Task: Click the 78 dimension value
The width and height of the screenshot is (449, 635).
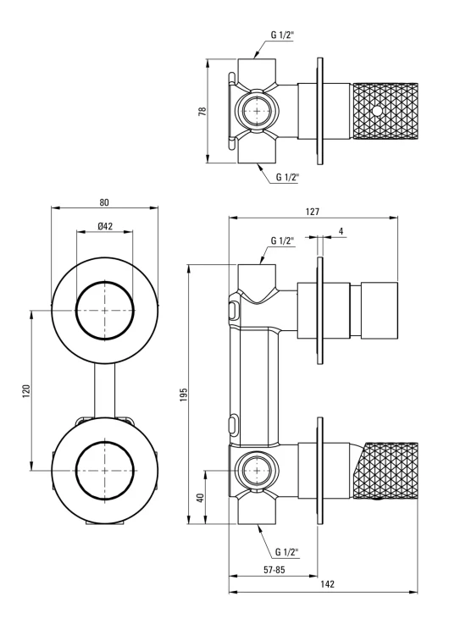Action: click(202, 111)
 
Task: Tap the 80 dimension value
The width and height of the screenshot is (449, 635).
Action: click(104, 202)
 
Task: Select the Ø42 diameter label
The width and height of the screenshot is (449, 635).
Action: click(105, 226)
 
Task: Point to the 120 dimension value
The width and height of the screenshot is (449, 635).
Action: click(26, 391)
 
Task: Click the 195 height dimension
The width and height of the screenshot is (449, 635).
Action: click(184, 395)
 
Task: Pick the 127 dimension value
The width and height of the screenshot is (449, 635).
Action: click(313, 212)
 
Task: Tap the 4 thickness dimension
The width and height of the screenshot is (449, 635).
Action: click(341, 231)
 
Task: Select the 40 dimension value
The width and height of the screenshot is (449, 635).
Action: click(200, 497)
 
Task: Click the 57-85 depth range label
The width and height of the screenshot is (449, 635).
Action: click(274, 570)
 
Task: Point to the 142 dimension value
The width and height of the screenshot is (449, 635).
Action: click(327, 584)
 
